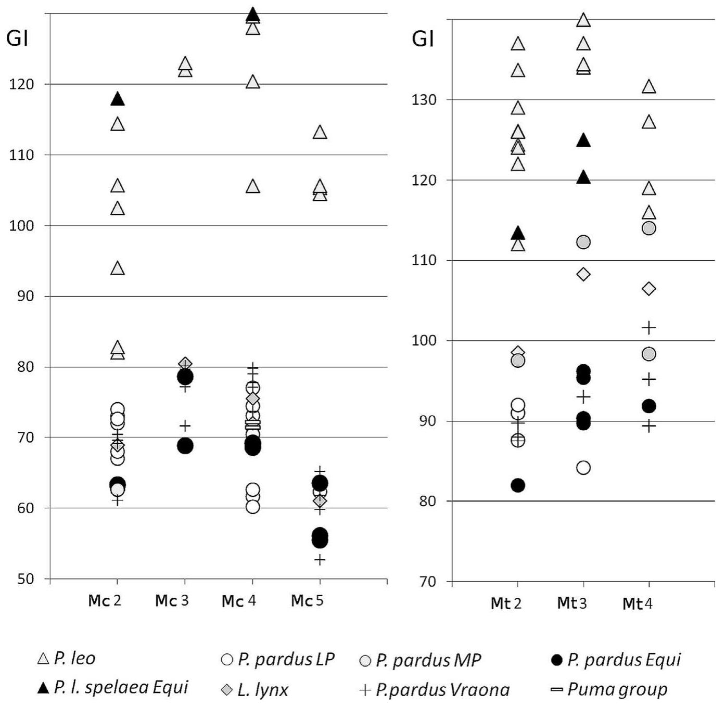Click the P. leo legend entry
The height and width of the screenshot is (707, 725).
(x=67, y=659)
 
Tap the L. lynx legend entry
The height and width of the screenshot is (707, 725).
(x=255, y=690)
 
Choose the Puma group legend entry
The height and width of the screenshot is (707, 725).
(x=609, y=689)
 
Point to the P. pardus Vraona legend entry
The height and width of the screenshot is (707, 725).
(x=435, y=690)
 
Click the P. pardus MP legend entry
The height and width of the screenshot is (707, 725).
(x=421, y=660)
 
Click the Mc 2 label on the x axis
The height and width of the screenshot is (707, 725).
(x=104, y=601)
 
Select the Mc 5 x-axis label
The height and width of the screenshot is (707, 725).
(x=307, y=601)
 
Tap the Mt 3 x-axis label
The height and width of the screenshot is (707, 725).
(x=571, y=603)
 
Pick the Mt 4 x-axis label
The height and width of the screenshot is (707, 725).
(x=637, y=604)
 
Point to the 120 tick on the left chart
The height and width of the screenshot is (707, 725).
(x=21, y=84)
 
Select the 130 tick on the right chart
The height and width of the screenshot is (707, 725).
(x=424, y=100)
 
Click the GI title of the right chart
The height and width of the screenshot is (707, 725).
(x=423, y=39)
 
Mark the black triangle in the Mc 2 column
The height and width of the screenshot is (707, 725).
(x=118, y=99)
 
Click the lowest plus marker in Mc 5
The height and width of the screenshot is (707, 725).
(x=320, y=560)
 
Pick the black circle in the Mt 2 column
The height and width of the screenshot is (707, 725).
(x=518, y=485)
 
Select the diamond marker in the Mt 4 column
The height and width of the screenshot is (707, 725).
(x=648, y=289)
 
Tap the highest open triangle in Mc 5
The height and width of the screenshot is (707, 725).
(x=320, y=133)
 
